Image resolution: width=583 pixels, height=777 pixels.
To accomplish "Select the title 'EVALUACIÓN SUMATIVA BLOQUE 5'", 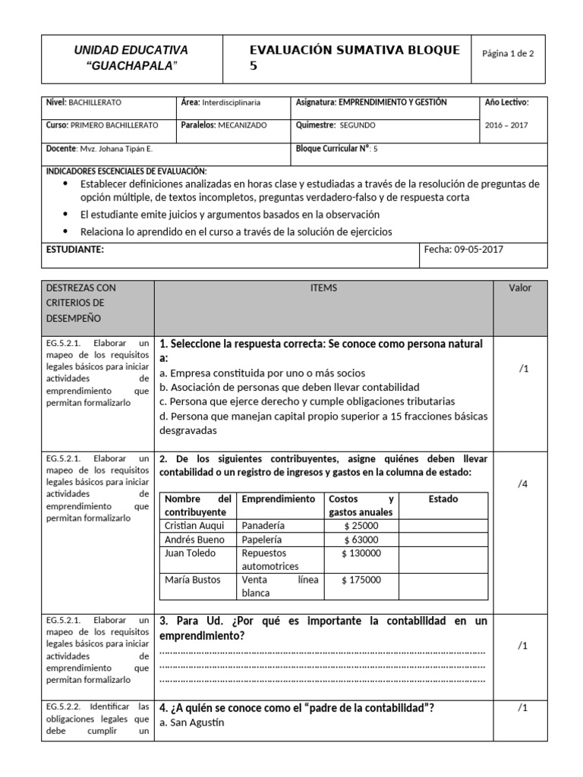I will tap(355, 58).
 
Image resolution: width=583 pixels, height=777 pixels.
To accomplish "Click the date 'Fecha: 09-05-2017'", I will tap(463, 248).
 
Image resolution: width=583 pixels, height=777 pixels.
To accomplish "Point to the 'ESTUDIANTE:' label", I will tap(75, 249).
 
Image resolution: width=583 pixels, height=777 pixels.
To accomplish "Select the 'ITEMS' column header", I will tap(324, 288).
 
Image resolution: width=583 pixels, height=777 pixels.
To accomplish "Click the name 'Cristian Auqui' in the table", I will tap(194, 526).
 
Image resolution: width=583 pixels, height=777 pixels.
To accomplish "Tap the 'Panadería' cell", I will tap(263, 526).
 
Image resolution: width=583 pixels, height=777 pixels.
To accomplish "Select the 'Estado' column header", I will tap(443, 499).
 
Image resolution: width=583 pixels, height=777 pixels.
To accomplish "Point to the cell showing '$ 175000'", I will tap(361, 580).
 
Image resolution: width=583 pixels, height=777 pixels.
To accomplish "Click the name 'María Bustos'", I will tap(193, 580).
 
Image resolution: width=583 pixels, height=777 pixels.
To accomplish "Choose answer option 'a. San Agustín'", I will tap(192, 722).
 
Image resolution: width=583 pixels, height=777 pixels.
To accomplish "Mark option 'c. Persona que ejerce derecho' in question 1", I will tap(307, 401).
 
